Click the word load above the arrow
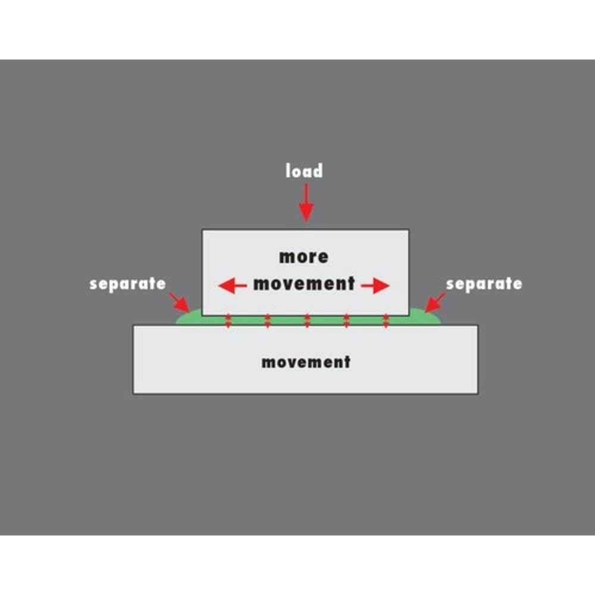(304, 171)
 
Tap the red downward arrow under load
(306, 203)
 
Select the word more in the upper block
(304, 257)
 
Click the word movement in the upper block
(304, 284)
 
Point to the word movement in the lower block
(306, 362)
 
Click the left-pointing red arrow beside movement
(233, 286)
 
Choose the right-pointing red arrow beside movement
(375, 286)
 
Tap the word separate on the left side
(127, 284)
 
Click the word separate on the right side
(484, 284)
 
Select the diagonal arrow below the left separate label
(179, 302)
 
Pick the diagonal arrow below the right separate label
(435, 302)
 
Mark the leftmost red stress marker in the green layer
(228, 321)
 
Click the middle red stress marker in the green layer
(307, 321)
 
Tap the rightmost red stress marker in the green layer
(386, 321)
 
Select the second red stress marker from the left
(268, 321)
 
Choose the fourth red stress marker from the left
(346, 321)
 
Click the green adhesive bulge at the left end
(190, 318)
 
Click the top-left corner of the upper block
(202, 230)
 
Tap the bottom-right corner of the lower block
(478, 393)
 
